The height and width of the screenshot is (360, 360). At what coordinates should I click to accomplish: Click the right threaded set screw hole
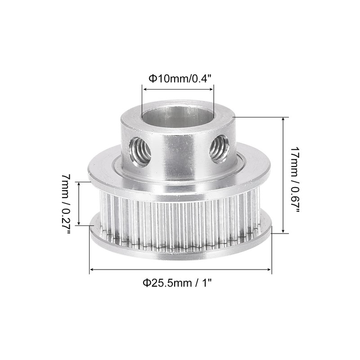click(220, 148)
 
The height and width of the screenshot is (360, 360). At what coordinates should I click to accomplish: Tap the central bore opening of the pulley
click(178, 118)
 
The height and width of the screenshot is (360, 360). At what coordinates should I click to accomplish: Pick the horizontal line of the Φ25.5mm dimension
click(180, 270)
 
